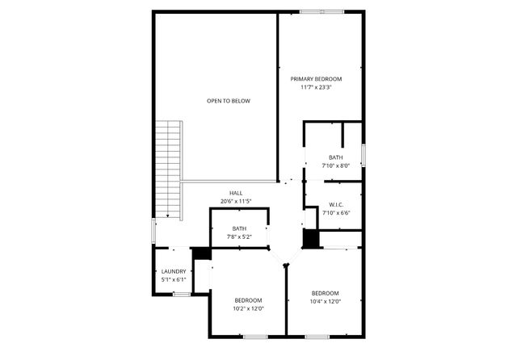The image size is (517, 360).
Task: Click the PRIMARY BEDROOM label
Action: click(x=316, y=79)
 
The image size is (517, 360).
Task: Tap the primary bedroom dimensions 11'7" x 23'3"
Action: click(x=316, y=87)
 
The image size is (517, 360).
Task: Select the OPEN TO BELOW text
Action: click(x=229, y=101)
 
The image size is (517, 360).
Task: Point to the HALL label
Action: click(x=236, y=193)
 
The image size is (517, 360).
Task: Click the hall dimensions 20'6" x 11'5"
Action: click(x=236, y=201)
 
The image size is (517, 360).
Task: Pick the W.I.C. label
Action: click(x=336, y=205)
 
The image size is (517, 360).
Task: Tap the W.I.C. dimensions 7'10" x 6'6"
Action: click(x=336, y=213)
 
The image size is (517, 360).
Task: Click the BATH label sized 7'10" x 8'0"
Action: click(x=335, y=157)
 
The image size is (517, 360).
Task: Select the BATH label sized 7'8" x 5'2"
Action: click(x=239, y=228)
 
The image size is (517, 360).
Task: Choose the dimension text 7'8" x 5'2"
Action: click(x=239, y=237)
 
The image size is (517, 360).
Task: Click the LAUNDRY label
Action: click(x=174, y=271)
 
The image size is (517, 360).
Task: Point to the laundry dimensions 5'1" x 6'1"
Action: click(x=174, y=279)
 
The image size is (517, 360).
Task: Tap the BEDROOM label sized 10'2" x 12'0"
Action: click(x=248, y=300)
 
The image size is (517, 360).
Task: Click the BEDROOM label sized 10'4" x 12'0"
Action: click(x=325, y=293)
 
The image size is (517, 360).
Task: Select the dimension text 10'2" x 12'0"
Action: click(x=248, y=308)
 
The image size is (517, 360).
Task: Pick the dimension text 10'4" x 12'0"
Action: click(x=325, y=301)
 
